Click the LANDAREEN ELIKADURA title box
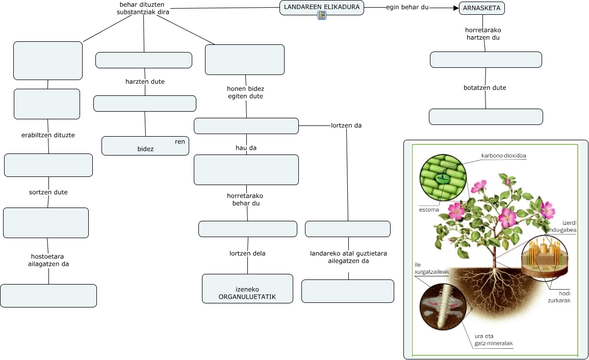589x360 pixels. click(322, 7)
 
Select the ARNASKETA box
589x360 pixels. click(482, 8)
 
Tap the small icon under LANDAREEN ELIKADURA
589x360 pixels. click(322, 15)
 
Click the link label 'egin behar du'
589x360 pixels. click(407, 8)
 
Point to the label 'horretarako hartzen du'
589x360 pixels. click(483, 34)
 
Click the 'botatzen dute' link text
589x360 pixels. click(484, 88)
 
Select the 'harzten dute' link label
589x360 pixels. click(145, 82)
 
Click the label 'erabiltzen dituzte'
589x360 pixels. click(48, 135)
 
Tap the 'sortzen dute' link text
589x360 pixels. click(48, 192)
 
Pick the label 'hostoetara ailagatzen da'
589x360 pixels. click(48, 260)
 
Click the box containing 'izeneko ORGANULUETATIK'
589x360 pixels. click(247, 289)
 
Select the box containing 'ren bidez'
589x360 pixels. click(145, 145)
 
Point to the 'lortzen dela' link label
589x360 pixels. click(247, 253)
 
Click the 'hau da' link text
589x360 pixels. click(246, 148)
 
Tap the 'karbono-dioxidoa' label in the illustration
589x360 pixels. click(503, 156)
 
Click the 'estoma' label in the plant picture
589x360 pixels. click(429, 210)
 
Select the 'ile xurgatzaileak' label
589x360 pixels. click(431, 268)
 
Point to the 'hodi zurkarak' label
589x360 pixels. click(564, 297)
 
